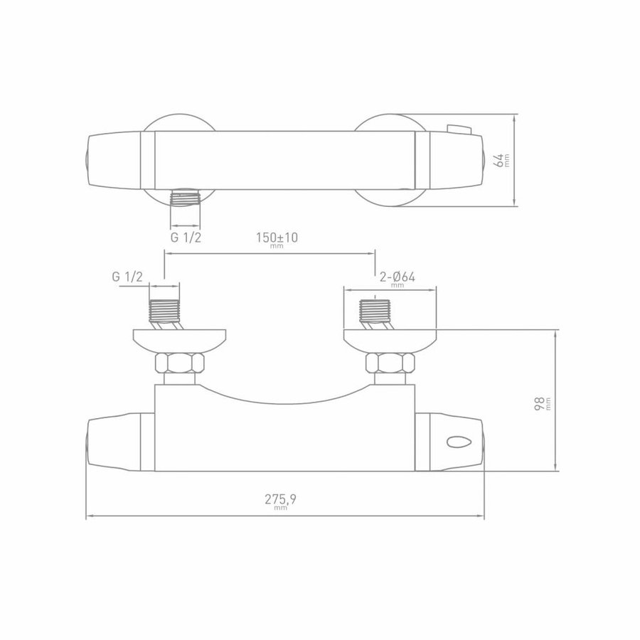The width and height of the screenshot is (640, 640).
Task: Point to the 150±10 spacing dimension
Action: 277,238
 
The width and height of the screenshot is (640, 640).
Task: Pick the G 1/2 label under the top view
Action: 186,238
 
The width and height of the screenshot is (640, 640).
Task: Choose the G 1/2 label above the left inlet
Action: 127,277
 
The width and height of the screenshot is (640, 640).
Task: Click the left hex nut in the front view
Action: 180,364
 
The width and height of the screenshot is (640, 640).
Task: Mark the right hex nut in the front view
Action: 390,364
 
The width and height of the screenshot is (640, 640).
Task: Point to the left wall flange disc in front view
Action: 180,338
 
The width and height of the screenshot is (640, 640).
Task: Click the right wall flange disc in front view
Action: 390,338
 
